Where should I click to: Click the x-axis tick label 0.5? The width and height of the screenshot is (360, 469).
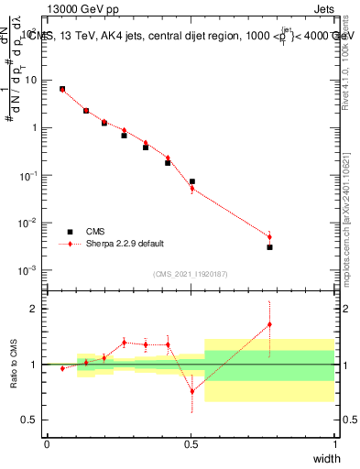pos(191,444)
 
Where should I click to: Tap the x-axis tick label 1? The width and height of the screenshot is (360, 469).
pos(334,444)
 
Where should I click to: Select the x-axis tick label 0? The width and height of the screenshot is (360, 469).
pos(48,444)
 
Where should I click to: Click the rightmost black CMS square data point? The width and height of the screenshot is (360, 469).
pos(269,247)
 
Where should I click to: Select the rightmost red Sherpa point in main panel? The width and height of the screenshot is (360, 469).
pos(269,237)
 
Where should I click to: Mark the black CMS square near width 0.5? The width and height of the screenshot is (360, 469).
pos(191,181)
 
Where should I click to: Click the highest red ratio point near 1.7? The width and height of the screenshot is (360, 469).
pos(269,323)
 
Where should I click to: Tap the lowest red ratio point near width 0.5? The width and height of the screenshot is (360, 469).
pos(191,391)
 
